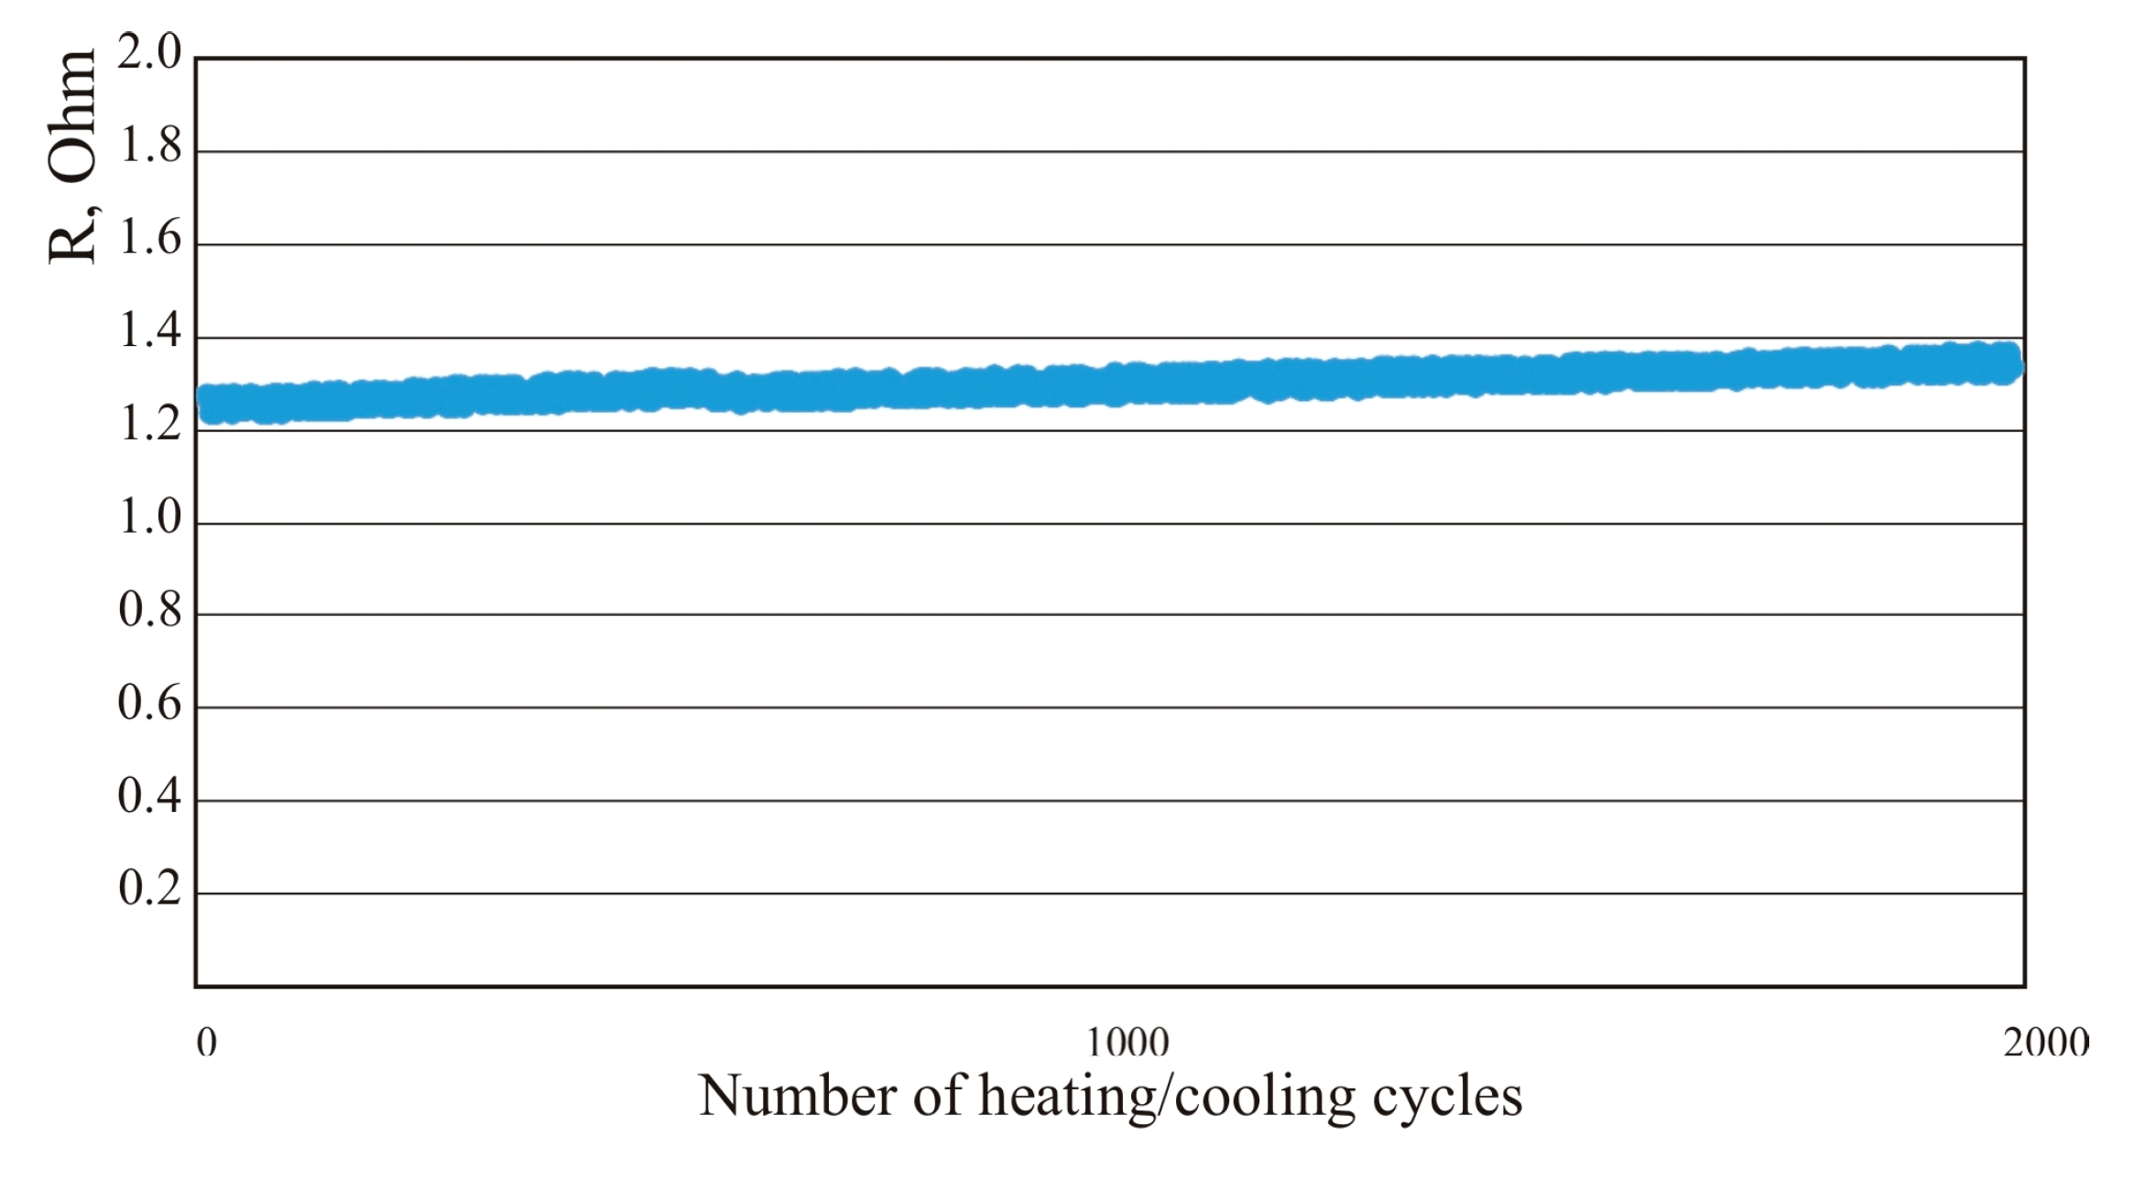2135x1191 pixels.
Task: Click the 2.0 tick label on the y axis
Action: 150,52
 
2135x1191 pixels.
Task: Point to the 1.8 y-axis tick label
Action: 150,146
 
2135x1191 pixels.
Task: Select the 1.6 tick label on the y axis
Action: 150,239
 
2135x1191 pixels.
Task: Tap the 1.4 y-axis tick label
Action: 150,331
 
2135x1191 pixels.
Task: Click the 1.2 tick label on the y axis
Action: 150,425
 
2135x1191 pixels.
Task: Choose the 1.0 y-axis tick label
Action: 150,517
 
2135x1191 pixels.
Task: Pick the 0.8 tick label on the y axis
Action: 150,610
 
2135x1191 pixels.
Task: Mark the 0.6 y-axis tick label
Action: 150,703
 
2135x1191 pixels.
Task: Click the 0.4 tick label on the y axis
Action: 150,796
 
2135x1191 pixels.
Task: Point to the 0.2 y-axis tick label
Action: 150,888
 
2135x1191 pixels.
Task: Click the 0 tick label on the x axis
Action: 207,1042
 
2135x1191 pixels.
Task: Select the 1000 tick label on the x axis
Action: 1127,1042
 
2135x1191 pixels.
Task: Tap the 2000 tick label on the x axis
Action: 2045,1042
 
